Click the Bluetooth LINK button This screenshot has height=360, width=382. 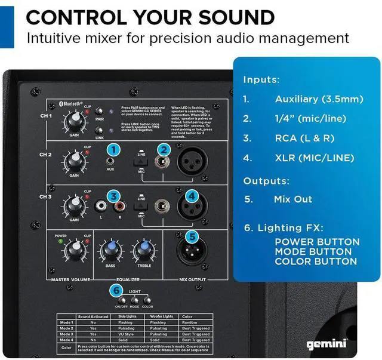click(x=113, y=130)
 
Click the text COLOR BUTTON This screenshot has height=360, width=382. click(x=316, y=261)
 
